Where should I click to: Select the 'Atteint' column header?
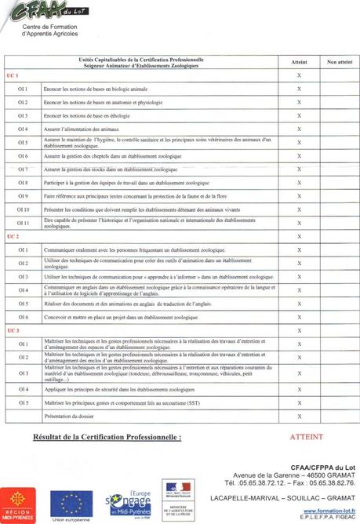299,61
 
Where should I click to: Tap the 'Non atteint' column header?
338,61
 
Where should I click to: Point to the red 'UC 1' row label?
12,75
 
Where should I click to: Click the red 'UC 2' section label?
12,236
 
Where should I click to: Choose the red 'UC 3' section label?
12,330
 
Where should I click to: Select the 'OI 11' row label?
24,223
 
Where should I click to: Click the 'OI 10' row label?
24,209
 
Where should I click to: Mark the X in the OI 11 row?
299,223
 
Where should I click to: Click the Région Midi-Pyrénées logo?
17,504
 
